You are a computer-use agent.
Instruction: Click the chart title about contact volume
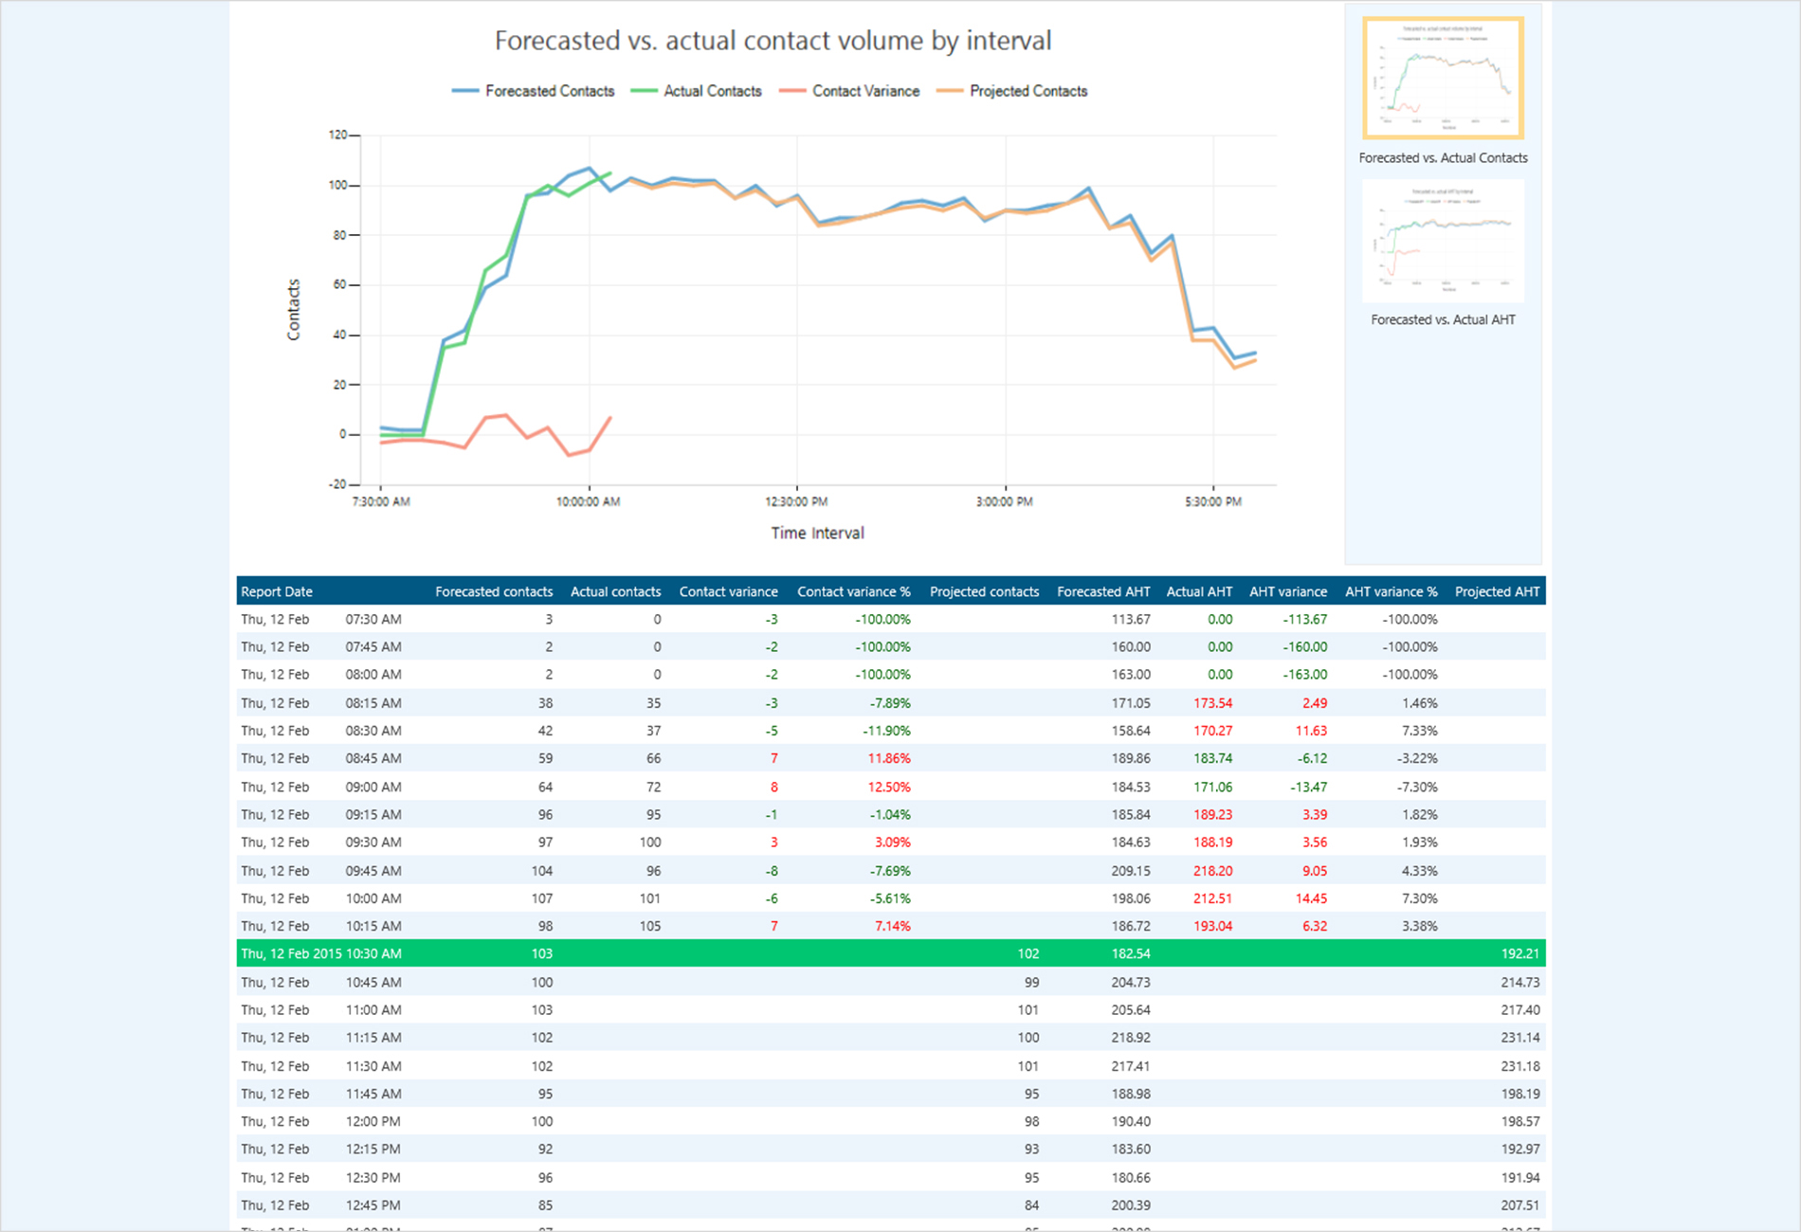pyautogui.click(x=773, y=41)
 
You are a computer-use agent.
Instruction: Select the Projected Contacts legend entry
pyautogui.click(x=1028, y=91)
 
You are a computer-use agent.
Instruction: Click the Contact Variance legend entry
pyautogui.click(x=864, y=91)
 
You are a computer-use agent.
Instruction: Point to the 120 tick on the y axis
pyautogui.click(x=338, y=135)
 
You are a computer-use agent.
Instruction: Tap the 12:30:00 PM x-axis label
pyautogui.click(x=796, y=501)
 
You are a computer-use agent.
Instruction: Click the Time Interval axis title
pyautogui.click(x=817, y=533)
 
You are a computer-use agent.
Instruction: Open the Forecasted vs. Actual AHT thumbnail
pyautogui.click(x=1443, y=242)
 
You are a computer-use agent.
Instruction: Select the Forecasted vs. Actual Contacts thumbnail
pyautogui.click(x=1443, y=78)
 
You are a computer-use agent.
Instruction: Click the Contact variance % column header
pyautogui.click(x=853, y=591)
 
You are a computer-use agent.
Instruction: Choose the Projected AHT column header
pyautogui.click(x=1497, y=591)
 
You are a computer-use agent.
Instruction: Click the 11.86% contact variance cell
pyautogui.click(x=889, y=758)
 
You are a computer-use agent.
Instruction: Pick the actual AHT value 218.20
pyautogui.click(x=1212, y=870)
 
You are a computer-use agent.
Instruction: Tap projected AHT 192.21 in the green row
pyautogui.click(x=1519, y=953)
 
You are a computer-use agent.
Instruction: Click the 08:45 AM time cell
pyautogui.click(x=373, y=758)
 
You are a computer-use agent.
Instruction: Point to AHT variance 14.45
pyautogui.click(x=1310, y=898)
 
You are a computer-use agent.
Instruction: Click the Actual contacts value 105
pyautogui.click(x=649, y=926)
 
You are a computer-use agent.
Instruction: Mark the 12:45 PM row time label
pyautogui.click(x=373, y=1205)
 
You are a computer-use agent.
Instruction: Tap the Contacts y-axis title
pyautogui.click(x=294, y=309)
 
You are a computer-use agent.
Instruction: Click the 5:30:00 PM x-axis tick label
pyautogui.click(x=1212, y=501)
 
